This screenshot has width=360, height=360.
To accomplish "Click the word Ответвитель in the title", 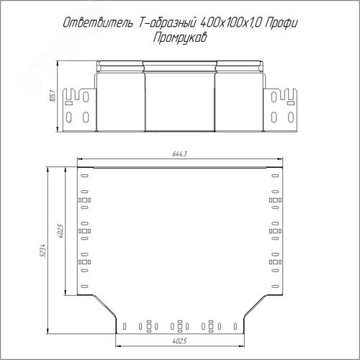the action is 98,22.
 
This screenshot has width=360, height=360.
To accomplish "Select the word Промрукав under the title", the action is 180,38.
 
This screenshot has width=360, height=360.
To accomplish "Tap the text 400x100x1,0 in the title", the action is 230,23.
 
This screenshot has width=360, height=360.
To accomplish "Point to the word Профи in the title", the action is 282,23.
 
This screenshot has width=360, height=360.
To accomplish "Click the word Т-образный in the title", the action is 167,22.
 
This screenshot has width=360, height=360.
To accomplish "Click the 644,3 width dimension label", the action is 179,153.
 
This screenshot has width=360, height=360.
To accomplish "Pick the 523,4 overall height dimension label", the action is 43,251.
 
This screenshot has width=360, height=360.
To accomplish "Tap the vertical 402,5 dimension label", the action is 60,231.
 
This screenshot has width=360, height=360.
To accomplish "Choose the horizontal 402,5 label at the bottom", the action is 179,341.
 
